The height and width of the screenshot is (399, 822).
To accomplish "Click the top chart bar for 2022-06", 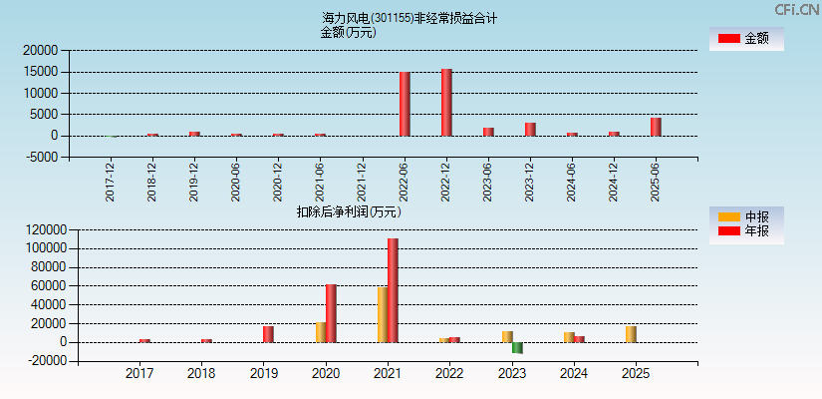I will point(405,104).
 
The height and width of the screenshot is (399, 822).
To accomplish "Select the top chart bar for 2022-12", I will point(446,103).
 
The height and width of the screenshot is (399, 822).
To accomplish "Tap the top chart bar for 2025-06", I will point(656,127).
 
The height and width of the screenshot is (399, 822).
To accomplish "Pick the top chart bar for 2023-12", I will point(530,130).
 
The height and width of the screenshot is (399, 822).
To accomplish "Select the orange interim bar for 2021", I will point(383,314).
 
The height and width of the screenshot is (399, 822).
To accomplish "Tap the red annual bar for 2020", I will point(331,313).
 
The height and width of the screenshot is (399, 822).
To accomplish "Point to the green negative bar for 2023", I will point(517,348).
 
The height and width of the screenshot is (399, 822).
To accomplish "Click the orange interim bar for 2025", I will point(631,334).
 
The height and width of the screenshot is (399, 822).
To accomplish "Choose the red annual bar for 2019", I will point(268,334).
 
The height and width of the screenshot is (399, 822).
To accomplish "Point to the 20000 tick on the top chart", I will point(42,50).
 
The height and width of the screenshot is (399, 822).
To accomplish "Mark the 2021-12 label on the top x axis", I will point(362,182).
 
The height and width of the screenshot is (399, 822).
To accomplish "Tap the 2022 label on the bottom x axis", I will point(449,374).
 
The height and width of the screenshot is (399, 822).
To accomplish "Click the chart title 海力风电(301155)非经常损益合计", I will point(410,18).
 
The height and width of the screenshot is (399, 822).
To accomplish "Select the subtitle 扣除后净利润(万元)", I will point(348,211).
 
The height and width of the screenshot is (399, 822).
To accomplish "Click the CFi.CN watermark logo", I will point(797,9).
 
